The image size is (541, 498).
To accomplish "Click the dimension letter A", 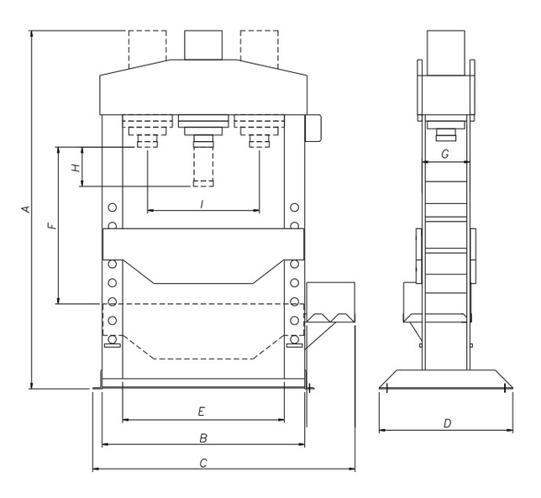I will click(25, 208).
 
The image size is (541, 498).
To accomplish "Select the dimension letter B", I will click(202, 438).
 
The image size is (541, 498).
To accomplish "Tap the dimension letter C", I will click(202, 463).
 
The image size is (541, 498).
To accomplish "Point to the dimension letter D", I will click(446, 423).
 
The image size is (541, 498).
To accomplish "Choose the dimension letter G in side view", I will click(444, 154).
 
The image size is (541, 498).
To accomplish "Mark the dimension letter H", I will click(76, 167).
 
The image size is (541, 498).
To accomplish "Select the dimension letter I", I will click(202, 204).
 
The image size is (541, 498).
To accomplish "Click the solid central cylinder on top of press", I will click(202, 45).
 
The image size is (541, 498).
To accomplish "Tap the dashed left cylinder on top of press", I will click(147, 50).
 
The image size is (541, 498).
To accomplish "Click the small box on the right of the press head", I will click(314, 128).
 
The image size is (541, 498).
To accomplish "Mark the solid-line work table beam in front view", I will click(202, 244).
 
